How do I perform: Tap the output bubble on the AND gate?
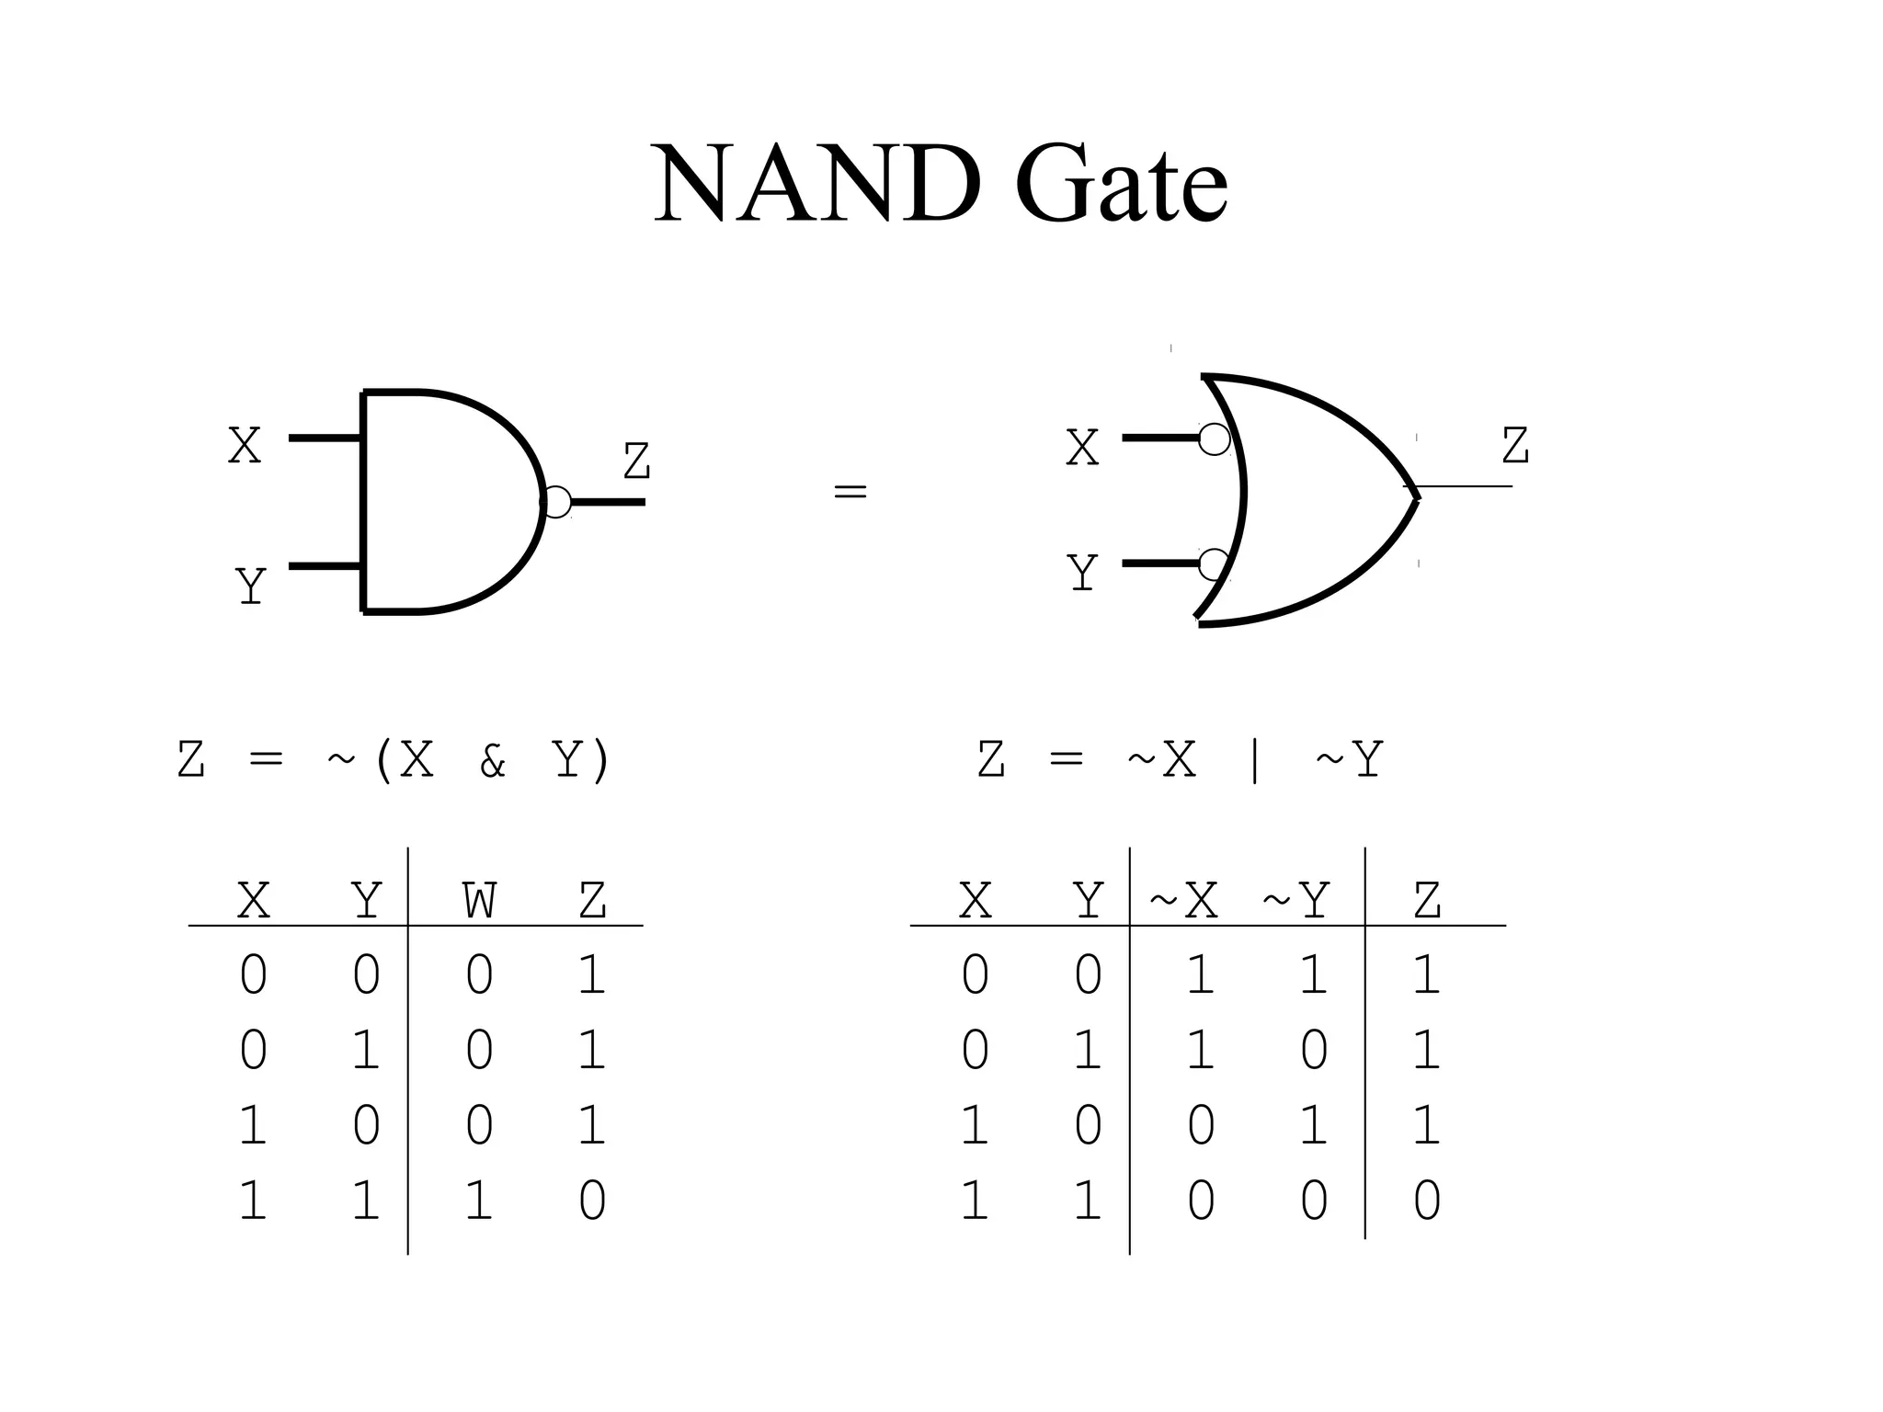556,502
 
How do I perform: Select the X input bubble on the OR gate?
1215,439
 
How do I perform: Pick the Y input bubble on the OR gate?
1214,564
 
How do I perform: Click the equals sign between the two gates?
850,492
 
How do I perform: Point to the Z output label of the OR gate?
1515,446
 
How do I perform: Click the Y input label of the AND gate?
250,586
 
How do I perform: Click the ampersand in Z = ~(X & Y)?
493,761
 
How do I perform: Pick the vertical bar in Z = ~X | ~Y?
1255,761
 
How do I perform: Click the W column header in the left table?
479,901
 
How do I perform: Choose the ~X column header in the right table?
1184,901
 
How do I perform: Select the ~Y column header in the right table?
1296,901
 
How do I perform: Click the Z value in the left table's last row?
592,1201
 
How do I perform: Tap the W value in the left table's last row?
479,1201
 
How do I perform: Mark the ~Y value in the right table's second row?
1314,1050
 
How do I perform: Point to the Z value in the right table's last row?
1426,1201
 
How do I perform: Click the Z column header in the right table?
1426,901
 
